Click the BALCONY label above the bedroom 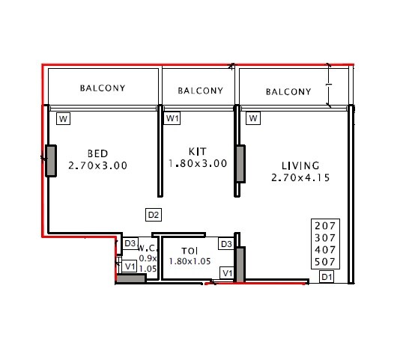103,88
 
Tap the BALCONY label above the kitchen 200,91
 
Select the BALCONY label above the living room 288,92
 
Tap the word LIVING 300,165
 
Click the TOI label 190,251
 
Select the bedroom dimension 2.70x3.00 97,165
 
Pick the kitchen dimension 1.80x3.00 197,163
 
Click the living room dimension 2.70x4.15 300,178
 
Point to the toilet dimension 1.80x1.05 190,261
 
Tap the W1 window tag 173,118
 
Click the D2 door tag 153,215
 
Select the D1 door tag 327,278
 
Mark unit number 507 327,262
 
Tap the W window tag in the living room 253,118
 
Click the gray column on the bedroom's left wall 51,160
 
